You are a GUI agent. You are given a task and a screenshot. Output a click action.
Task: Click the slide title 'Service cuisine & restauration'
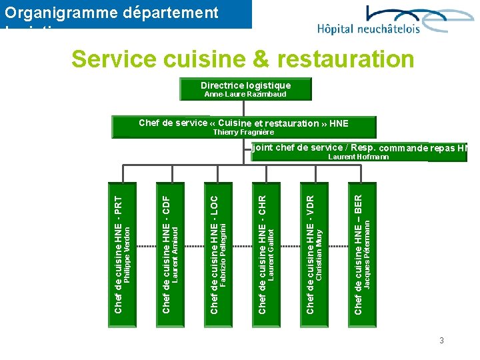243,59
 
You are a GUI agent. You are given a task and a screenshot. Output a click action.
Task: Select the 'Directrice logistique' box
245,85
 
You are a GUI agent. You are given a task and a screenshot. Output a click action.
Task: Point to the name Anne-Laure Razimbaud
245,95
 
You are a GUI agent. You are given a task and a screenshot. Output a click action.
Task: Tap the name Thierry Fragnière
243,132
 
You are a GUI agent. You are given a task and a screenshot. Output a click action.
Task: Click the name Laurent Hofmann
359,157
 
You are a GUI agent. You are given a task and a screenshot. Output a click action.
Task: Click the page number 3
441,341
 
